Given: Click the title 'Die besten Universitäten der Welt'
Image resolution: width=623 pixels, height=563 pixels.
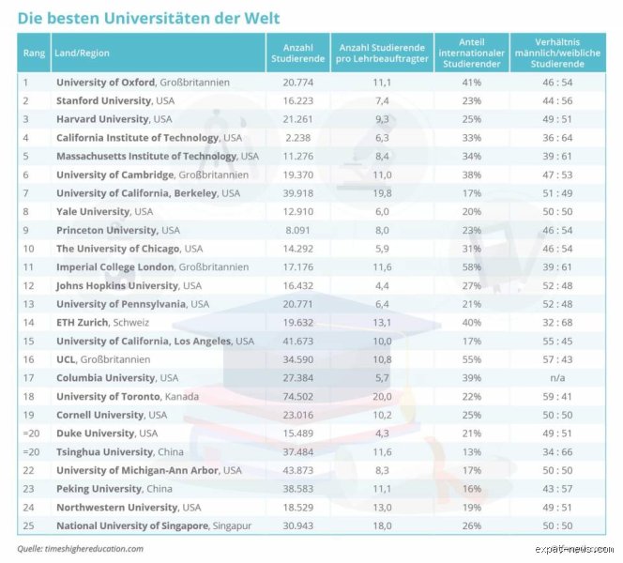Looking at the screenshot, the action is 148,18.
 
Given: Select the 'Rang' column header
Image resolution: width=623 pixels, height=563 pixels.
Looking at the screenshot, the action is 34,53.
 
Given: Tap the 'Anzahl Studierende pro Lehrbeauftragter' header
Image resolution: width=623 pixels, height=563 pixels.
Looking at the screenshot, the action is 382,53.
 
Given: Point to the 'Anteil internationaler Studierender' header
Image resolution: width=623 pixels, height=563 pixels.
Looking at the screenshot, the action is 472,53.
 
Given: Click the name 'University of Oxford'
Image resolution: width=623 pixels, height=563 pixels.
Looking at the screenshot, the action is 105,83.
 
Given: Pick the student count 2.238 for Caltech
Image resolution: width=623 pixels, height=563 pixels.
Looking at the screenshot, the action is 298,138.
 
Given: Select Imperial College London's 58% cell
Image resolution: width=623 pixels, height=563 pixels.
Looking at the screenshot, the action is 472,267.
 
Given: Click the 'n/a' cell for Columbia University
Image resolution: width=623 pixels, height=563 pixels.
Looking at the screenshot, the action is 557,378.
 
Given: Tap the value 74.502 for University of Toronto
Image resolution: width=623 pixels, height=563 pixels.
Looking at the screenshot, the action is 298,397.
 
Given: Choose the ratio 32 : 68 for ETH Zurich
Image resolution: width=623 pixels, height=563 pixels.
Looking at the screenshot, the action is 557,322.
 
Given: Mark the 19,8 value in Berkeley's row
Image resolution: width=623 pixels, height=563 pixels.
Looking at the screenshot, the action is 382,193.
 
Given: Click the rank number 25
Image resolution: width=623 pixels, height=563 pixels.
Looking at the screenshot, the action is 28,525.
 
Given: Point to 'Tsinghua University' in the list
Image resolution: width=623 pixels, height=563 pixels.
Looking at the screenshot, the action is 104,451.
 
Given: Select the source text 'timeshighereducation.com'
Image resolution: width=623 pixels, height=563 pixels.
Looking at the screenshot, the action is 94,549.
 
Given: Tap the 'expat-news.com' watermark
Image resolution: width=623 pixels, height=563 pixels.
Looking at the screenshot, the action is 574,549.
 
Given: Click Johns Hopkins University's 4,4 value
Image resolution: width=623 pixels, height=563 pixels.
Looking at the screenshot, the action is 382,285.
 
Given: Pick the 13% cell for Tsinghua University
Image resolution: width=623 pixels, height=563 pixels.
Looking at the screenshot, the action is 472,451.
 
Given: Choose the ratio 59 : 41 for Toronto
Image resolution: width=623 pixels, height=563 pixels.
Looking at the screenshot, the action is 557,397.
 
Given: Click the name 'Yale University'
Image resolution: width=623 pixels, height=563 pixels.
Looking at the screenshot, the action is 93,212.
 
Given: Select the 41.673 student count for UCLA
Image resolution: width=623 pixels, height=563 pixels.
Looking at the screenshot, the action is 298,341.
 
